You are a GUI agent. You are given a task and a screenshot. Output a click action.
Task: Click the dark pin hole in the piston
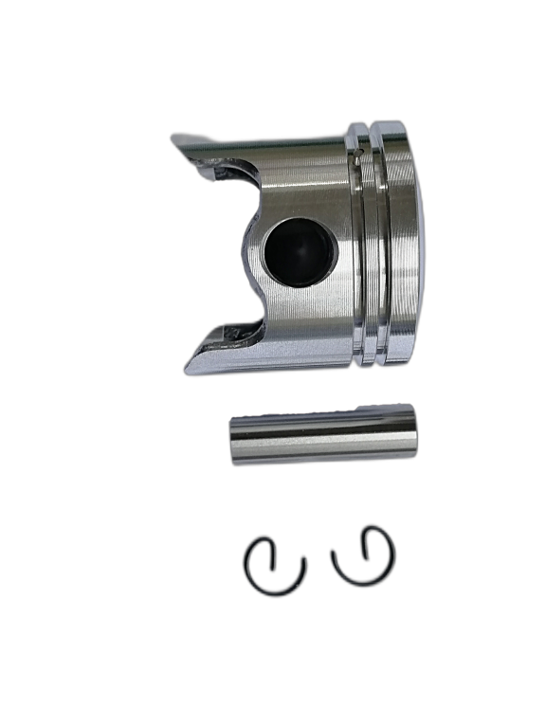point(299,252)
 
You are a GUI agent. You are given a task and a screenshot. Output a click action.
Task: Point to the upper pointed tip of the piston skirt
point(177,140)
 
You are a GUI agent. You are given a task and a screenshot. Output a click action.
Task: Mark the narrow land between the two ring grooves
point(371,246)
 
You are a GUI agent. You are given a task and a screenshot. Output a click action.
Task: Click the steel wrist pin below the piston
point(323,434)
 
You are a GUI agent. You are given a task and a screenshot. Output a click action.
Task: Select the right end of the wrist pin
point(413,430)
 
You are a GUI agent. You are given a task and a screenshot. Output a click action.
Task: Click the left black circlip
point(274,567)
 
